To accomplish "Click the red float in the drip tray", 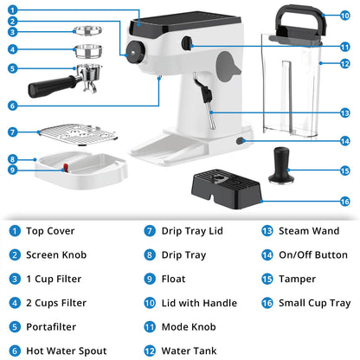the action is click(66, 168).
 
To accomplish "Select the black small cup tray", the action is click(227, 189).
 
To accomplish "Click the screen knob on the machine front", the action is click(135, 52).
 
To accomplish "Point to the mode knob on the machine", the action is click(187, 43).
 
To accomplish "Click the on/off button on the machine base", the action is click(240, 141).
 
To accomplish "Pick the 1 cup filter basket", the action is click(87, 30).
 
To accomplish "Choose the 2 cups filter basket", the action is click(88, 51).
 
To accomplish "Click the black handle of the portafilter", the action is click(52, 87).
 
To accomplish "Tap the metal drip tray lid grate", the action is click(79, 134).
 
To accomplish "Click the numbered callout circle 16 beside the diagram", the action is click(345, 202).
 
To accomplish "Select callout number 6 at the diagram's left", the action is click(12, 106).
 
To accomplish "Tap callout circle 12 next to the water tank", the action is click(345, 63).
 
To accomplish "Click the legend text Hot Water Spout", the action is click(67, 350).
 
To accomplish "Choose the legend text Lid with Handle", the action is click(199, 303).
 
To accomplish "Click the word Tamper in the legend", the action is click(297, 279).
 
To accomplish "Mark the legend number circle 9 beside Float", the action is click(150, 279).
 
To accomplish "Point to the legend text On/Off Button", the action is click(313, 255).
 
